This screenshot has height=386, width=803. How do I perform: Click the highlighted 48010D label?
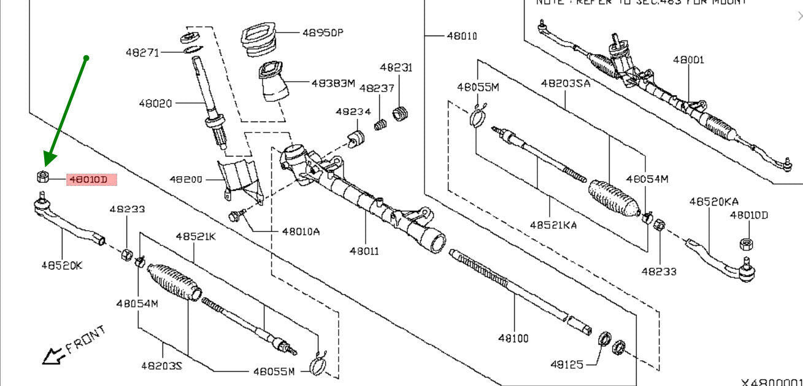(x=88, y=180)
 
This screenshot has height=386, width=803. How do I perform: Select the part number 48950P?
(x=322, y=32)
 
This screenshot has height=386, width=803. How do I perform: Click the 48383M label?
(x=332, y=83)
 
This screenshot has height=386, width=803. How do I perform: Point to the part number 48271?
(x=142, y=53)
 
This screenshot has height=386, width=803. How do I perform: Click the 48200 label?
(x=186, y=180)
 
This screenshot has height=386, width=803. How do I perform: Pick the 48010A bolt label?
(x=301, y=232)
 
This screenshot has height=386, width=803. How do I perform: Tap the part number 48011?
(x=364, y=251)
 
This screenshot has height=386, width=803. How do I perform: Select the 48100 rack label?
(x=513, y=338)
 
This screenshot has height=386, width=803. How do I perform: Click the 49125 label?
(x=566, y=365)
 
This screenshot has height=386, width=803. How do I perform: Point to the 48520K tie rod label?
(x=61, y=266)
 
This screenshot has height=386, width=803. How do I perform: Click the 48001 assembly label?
(x=688, y=60)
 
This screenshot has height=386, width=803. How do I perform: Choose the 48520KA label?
(x=713, y=201)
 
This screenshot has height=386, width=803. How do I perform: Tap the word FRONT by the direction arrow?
(x=85, y=339)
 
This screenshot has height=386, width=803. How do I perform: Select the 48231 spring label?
(x=396, y=68)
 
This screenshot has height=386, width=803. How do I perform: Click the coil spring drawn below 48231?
(x=401, y=113)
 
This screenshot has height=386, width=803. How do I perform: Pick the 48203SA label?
(x=565, y=83)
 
